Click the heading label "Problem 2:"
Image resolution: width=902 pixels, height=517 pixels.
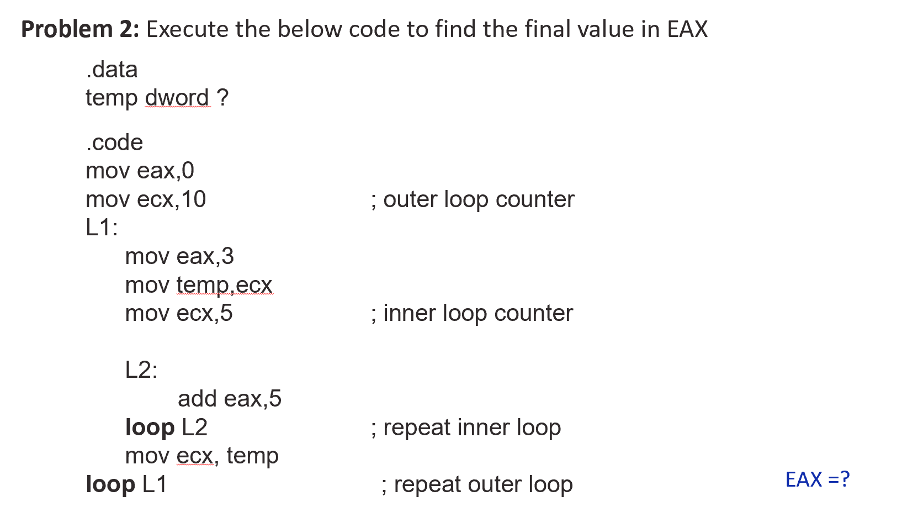click(x=80, y=29)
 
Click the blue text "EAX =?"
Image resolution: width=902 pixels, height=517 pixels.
click(x=817, y=479)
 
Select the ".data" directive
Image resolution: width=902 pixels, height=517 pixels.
click(x=112, y=70)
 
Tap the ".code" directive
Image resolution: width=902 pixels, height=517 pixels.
click(x=114, y=143)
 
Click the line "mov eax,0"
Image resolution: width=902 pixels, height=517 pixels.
click(x=140, y=171)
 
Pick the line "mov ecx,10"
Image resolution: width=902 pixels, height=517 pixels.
click(x=146, y=199)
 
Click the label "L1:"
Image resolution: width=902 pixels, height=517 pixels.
click(x=102, y=228)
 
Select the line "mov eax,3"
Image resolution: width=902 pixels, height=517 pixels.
click(x=179, y=256)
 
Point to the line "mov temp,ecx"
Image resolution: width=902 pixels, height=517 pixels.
click(x=199, y=285)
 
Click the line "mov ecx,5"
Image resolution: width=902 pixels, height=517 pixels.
click(x=179, y=313)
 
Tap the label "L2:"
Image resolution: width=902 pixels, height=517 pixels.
click(x=141, y=370)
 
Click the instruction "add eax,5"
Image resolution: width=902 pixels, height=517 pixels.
click(x=230, y=399)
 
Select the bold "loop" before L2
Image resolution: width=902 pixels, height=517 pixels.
click(x=150, y=428)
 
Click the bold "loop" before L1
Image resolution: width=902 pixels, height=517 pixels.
click(x=110, y=484)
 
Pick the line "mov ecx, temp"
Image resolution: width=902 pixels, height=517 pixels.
click(x=201, y=456)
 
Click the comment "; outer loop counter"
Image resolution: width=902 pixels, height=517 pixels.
click(x=473, y=200)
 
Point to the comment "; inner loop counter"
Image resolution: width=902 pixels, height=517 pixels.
click(x=473, y=314)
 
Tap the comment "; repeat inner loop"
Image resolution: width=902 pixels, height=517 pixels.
click(x=466, y=428)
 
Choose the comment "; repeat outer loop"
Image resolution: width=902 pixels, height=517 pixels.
click(x=477, y=485)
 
